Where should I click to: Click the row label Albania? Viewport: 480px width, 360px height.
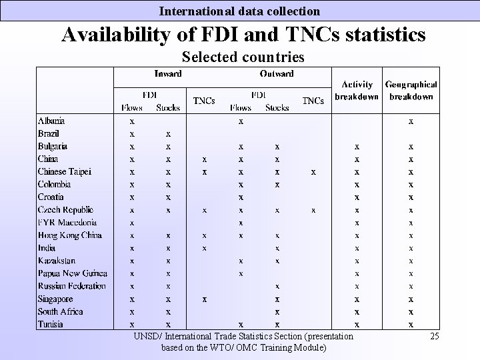51,121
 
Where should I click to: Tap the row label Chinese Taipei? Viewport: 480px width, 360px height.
64,171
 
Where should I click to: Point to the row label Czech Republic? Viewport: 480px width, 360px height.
65,209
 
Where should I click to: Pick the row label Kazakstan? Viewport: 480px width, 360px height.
57,261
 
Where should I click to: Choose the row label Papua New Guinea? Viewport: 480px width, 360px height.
72,273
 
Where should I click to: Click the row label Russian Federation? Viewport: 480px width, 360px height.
71,286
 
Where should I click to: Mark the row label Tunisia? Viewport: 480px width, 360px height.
51,324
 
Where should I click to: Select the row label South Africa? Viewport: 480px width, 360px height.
60,311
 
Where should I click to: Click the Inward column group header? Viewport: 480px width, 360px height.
168,73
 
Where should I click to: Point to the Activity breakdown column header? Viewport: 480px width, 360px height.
357,90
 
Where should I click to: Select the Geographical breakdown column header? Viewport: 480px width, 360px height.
411,90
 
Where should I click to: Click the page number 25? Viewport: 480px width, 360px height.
435,336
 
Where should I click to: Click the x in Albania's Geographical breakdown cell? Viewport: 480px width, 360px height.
411,121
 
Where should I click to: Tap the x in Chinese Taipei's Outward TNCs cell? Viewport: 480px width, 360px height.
313,171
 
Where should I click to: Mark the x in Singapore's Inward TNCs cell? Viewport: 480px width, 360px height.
205,299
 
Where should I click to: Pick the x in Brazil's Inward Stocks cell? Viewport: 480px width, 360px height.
168,133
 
